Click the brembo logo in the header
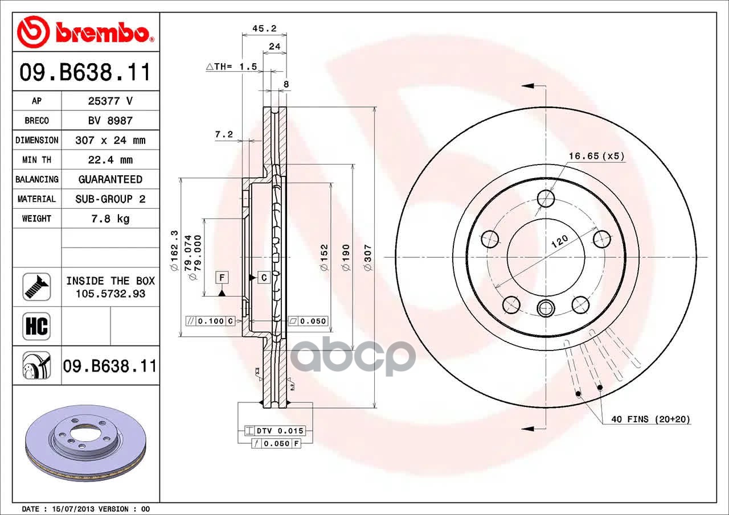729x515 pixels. pos(85,32)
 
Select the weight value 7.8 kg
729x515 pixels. pos(110,219)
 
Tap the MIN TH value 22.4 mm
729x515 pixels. pos(110,160)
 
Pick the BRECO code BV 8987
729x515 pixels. pos(110,121)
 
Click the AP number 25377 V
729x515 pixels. pos(110,101)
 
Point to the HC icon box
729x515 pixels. pos(36,326)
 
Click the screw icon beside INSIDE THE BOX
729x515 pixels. pos(36,287)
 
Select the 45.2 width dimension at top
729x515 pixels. pos(264,28)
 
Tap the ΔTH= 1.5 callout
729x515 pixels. pos(232,67)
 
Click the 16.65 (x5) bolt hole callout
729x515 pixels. pos(596,156)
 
